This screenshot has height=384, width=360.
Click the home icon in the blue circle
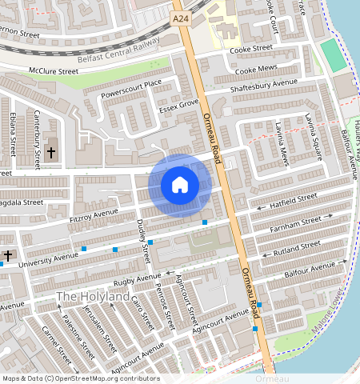(x=180, y=186)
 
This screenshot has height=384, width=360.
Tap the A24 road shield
(x=180, y=16)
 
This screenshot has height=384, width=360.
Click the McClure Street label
(x=54, y=71)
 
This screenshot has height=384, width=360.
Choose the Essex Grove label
(x=178, y=105)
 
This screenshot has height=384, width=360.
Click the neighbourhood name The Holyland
(x=92, y=297)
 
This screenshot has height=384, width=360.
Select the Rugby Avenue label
(x=131, y=280)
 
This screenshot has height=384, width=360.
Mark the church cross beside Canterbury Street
(x=51, y=151)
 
